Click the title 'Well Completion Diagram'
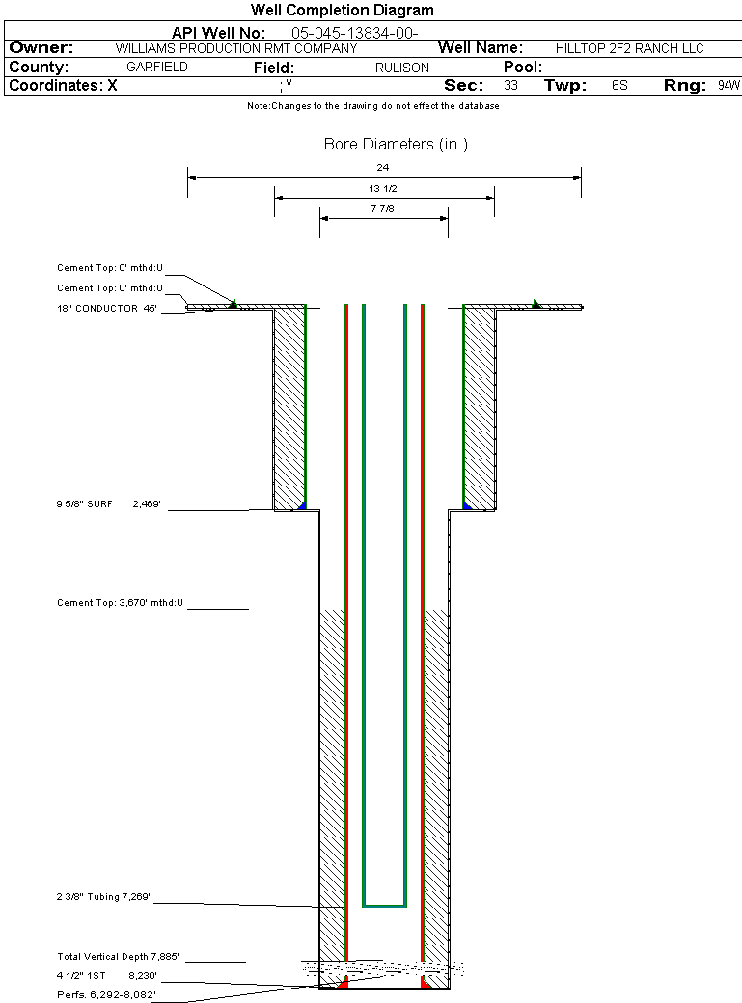(x=342, y=11)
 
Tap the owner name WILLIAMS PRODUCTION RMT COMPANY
(x=235, y=48)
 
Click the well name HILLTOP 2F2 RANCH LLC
(x=630, y=48)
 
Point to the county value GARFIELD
(x=157, y=68)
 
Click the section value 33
(x=510, y=86)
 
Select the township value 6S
(x=619, y=86)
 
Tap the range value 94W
(x=728, y=86)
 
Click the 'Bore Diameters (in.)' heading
(x=396, y=145)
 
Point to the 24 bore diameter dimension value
(x=383, y=168)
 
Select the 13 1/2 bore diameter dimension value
(x=383, y=188)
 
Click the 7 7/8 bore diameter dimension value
(x=383, y=209)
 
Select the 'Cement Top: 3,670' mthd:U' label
(x=120, y=603)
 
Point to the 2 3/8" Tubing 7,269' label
(x=103, y=898)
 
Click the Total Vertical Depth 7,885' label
(x=118, y=957)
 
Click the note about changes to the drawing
(x=372, y=106)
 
